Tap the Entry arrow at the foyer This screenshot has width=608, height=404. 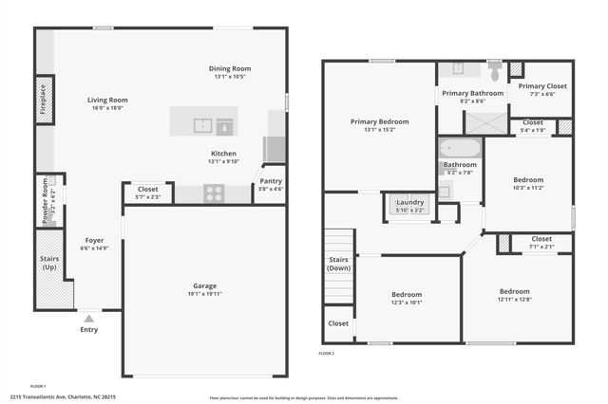[88, 319]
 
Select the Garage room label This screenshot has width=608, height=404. [204, 285]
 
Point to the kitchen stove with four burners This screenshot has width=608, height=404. [215, 193]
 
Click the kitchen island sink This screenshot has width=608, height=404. [202, 123]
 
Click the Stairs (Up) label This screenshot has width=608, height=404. [50, 263]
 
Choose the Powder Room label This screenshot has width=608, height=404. [42, 200]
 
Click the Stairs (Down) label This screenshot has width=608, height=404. [338, 263]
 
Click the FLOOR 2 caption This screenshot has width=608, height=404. [327, 353]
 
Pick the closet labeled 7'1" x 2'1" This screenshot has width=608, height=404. [541, 243]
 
